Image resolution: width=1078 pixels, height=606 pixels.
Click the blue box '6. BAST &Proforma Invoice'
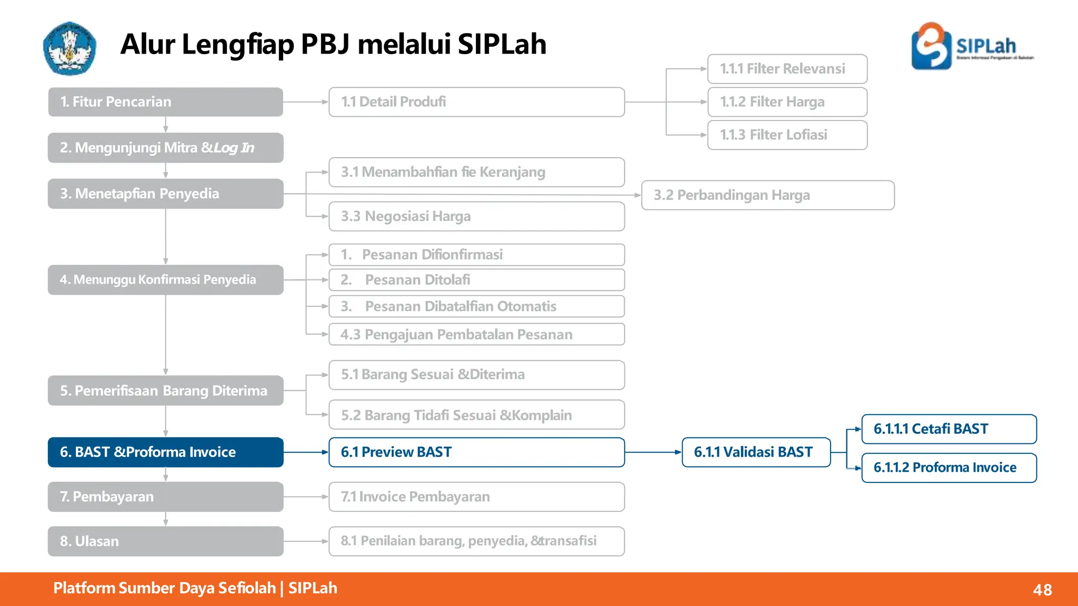point(165,452)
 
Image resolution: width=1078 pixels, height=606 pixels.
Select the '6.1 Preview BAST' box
point(476,452)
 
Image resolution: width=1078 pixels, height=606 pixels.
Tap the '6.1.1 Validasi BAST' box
point(756,452)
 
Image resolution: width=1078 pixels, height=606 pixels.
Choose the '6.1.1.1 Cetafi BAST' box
point(949,429)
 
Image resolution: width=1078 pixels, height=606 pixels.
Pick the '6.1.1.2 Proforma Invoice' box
point(949,468)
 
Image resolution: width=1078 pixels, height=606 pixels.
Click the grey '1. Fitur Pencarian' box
point(165,102)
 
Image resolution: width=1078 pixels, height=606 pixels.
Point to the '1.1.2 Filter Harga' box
point(787,102)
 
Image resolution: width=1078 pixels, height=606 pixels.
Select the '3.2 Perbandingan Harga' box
point(767,195)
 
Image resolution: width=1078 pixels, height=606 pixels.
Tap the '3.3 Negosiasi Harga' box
point(476,216)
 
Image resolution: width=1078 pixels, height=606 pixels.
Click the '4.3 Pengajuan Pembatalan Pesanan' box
point(476,335)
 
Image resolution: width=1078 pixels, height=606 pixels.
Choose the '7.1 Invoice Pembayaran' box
point(476,497)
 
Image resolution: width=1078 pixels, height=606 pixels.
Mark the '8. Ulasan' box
point(165,541)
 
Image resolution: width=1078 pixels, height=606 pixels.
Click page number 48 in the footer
point(1042,590)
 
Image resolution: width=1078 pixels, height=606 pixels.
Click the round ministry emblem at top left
point(69,48)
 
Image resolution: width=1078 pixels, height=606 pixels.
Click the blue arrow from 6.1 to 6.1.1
point(653,452)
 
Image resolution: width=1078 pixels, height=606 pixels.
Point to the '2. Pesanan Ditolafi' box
point(476,280)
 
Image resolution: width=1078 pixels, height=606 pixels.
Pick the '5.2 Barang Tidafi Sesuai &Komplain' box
point(476,415)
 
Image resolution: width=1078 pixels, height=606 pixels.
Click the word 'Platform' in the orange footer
point(84,588)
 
